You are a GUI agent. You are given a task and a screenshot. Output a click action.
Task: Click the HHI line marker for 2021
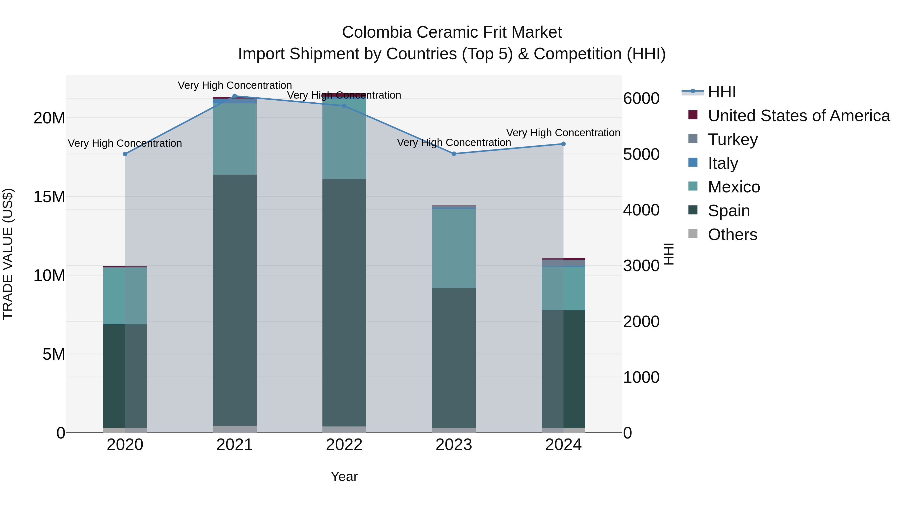click(x=235, y=96)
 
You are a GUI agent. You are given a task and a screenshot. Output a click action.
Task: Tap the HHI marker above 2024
click(x=563, y=144)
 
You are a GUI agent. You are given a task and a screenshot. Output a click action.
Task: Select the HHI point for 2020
click(x=125, y=154)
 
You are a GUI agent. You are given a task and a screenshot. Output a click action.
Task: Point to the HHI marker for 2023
click(x=454, y=154)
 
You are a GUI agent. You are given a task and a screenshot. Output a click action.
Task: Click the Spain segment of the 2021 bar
click(x=235, y=300)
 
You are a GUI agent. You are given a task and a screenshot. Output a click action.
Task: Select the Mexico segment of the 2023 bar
click(x=454, y=248)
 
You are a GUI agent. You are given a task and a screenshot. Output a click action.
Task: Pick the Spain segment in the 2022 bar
click(x=344, y=303)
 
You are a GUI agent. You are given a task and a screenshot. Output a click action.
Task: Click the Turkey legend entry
click(x=733, y=139)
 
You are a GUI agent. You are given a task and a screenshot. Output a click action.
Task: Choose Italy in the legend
click(x=723, y=163)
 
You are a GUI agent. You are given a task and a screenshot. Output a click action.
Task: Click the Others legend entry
click(x=732, y=234)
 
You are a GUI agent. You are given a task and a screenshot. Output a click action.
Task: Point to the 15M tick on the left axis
click(x=49, y=197)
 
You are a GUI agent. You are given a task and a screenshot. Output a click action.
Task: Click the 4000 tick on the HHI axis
click(x=641, y=210)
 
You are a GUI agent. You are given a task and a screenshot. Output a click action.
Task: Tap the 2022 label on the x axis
click(x=344, y=445)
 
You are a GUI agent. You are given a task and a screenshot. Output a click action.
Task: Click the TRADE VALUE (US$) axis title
click(x=8, y=254)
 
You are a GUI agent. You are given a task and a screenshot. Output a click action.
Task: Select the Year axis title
click(x=344, y=476)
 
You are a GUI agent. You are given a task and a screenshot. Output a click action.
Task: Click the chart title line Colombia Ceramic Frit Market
click(x=452, y=32)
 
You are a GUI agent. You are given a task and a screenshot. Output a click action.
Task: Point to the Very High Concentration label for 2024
click(x=563, y=133)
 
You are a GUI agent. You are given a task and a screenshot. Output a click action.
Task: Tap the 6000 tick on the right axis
click(x=641, y=99)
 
